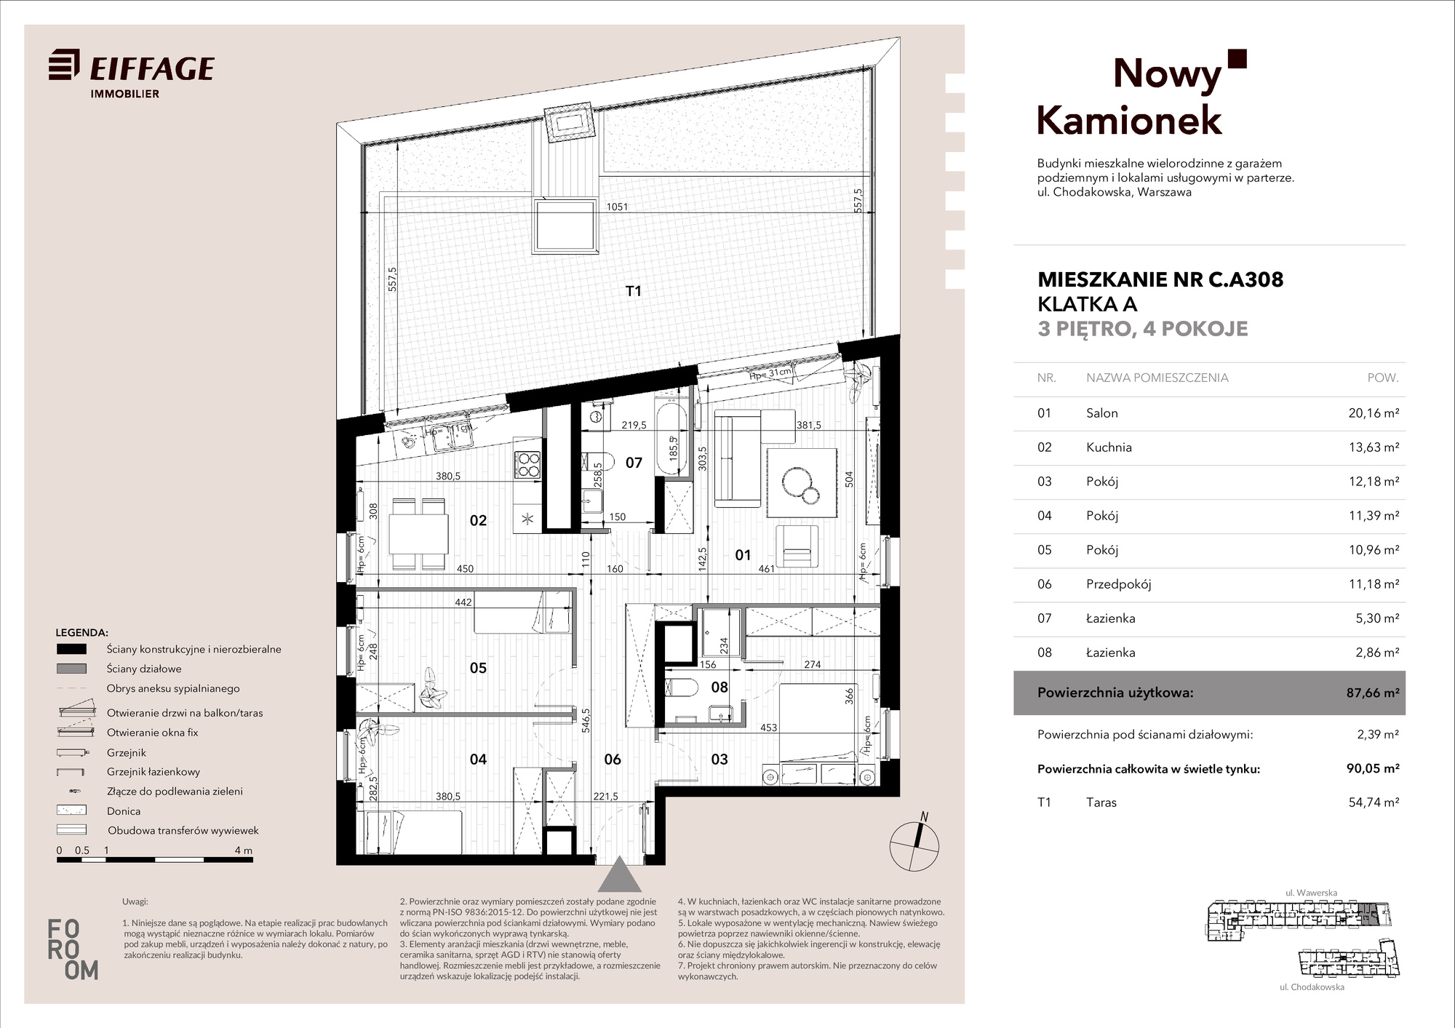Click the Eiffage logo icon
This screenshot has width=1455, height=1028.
[x=64, y=65]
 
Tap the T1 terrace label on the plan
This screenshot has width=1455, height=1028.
[x=634, y=291]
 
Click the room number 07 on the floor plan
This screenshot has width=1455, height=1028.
[x=634, y=463]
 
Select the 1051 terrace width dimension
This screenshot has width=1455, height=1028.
[x=617, y=207]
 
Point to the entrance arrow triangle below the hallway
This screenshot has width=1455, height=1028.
[x=619, y=874]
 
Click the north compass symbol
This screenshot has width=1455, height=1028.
[x=914, y=844]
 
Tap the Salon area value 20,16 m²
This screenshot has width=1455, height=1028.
[x=1374, y=413]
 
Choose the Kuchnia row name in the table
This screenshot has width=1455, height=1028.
[x=1109, y=447]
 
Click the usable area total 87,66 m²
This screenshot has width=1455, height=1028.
[x=1373, y=693]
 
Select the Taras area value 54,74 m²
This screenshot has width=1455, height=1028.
[x=1374, y=802]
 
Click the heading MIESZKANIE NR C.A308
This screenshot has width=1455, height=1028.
[x=1160, y=279]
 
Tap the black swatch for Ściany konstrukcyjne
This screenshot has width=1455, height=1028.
[x=71, y=650]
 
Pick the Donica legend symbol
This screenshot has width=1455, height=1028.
[x=71, y=810]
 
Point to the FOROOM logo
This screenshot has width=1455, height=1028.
[x=73, y=949]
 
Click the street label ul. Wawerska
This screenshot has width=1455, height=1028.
[x=1312, y=893]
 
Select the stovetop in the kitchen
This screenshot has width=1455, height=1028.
[x=528, y=466]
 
